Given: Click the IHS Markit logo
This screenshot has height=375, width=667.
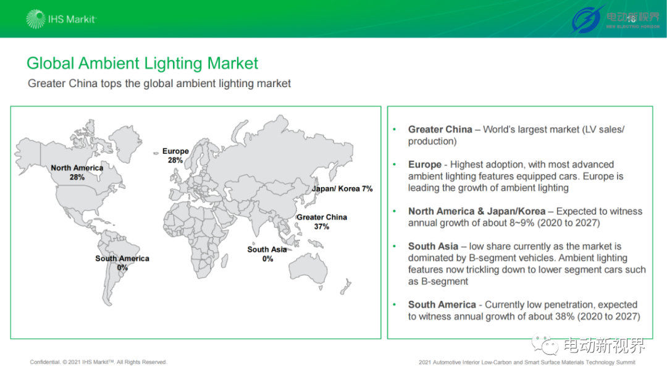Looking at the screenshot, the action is [x=61, y=19].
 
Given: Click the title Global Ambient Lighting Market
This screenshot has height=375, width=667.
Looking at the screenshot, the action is [x=142, y=64].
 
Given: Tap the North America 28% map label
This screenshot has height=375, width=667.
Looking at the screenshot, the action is [x=77, y=172].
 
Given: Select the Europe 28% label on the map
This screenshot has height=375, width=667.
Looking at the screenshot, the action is [x=175, y=155].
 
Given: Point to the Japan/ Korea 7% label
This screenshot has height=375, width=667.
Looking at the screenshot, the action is [x=342, y=188].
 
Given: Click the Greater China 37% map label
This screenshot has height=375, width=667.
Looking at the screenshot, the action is [x=322, y=222].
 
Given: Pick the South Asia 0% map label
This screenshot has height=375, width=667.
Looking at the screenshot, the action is [x=267, y=254].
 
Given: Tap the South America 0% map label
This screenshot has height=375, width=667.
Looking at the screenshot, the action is [x=122, y=263].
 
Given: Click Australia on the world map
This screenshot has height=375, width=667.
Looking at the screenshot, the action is [x=308, y=267].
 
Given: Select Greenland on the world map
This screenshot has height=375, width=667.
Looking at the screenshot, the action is [x=125, y=143].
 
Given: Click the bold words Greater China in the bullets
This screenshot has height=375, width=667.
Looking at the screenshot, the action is [x=440, y=129].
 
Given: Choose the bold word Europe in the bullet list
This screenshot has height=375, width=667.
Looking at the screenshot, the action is [x=424, y=165].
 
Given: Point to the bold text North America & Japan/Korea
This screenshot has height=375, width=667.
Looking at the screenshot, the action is [x=476, y=211].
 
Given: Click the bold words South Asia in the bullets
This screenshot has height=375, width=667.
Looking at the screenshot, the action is [x=433, y=246].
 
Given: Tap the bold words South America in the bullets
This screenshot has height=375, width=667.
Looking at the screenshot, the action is [x=442, y=305].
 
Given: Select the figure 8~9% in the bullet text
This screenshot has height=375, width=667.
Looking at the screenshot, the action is [x=522, y=223].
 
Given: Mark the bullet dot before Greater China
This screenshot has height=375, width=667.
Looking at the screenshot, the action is [x=394, y=129].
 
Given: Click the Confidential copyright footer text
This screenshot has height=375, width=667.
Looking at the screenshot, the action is [x=98, y=362].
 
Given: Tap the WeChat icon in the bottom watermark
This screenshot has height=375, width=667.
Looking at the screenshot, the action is [x=545, y=344].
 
